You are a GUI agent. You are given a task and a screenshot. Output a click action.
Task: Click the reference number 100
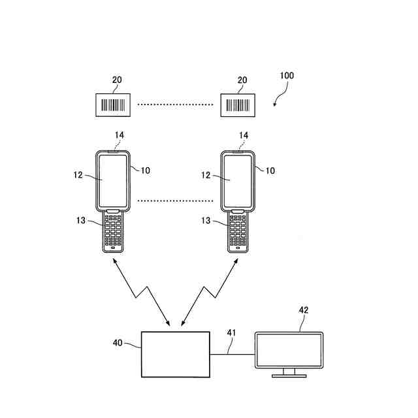coord(287,76)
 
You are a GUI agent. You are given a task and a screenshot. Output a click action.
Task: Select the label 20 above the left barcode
coord(117,80)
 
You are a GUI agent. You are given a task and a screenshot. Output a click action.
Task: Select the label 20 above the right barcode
coord(242,80)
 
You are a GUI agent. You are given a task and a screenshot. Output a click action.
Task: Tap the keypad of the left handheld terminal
coord(114,232)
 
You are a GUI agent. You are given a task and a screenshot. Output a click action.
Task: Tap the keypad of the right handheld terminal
coord(239,232)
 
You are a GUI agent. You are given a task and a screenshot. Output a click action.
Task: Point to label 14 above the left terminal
coord(120,135)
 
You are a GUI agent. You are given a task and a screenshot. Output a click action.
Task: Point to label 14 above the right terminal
coord(244,135)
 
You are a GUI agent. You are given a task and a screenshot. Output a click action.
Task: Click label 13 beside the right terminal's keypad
coord(206,221)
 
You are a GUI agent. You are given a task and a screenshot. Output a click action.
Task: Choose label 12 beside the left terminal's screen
coord(78,174)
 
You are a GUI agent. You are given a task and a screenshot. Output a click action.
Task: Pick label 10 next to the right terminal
coord(270,170)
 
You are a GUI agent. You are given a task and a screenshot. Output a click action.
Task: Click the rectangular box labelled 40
coord(176,353)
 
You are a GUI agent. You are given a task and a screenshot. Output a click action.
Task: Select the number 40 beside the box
coord(118,342)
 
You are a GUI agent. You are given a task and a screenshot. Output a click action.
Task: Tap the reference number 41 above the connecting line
coord(231,333)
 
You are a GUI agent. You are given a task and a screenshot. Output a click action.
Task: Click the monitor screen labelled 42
coord(289,351)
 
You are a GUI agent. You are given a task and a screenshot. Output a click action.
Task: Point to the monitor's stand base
coord(288,376)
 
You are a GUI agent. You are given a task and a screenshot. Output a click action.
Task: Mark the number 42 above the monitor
coord(304,310)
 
